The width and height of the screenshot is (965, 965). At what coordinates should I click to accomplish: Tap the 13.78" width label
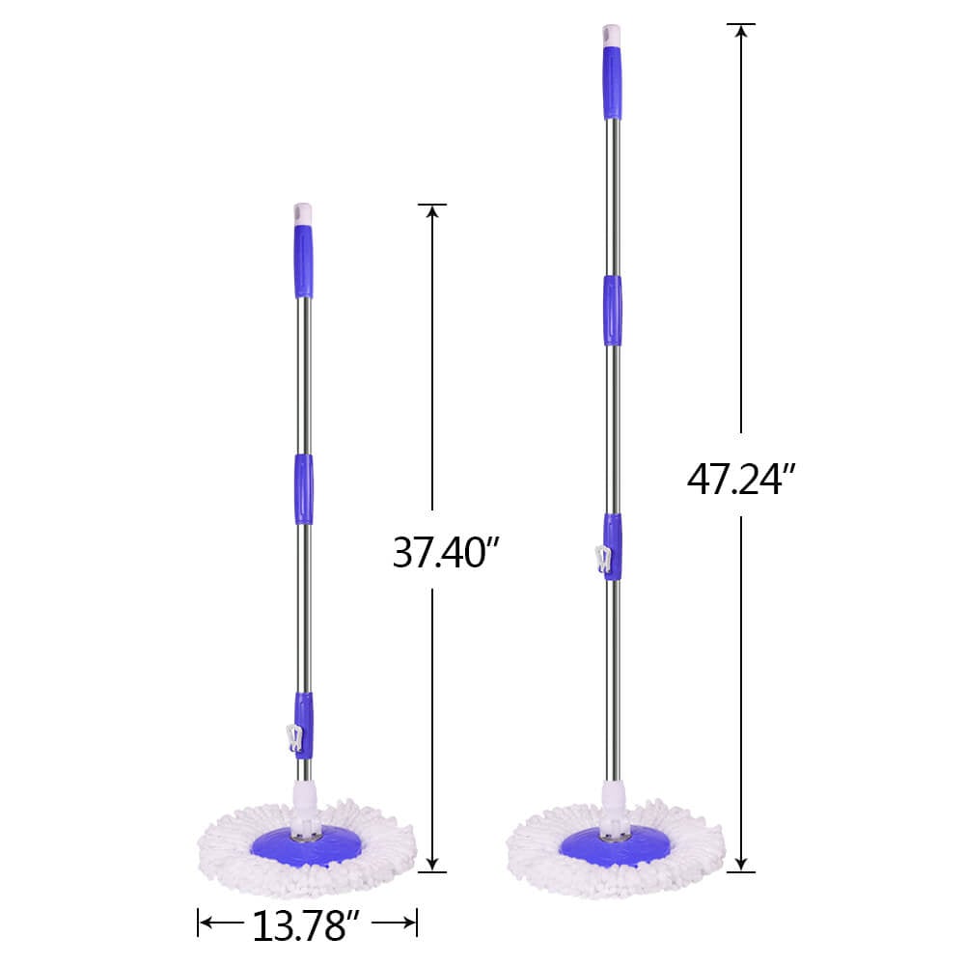(x=307, y=925)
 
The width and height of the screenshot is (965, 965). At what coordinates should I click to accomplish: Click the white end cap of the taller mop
(x=612, y=36)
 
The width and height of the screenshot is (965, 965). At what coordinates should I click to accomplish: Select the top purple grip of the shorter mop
(x=303, y=262)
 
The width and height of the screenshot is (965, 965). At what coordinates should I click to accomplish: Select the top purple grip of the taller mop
(x=612, y=85)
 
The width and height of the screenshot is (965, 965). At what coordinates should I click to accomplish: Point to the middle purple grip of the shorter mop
(x=303, y=488)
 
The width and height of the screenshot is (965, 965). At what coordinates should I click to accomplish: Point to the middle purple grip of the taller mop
(x=612, y=310)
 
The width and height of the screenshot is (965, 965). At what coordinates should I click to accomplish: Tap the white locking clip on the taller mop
(x=603, y=561)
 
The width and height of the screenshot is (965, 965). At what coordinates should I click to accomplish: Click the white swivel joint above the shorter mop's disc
(x=305, y=800)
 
